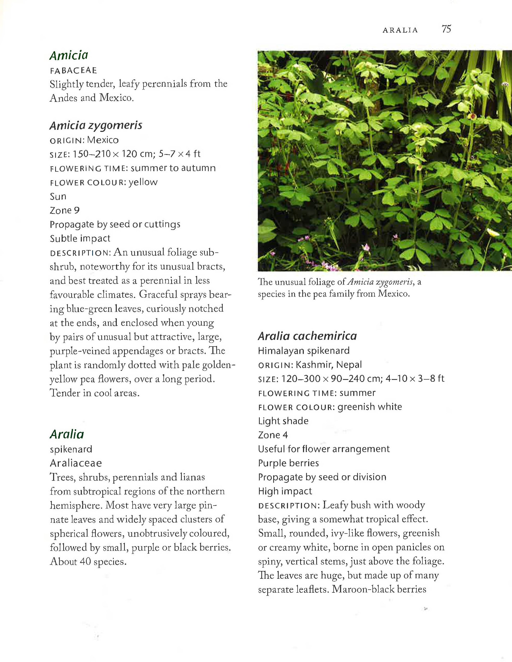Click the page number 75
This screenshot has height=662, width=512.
coord(447,29)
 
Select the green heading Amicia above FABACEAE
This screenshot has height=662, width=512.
coord(69,56)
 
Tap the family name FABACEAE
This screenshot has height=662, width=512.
coord(74,71)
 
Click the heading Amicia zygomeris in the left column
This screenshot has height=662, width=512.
coord(96,125)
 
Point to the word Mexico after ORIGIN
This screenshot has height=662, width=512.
coord(103,140)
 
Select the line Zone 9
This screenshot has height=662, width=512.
coord(65,210)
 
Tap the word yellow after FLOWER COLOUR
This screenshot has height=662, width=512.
coord(143,182)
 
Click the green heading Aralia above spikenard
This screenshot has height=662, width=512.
coord(67,434)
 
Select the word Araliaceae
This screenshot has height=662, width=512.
coord(76,463)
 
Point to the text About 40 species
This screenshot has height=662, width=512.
coord(88,562)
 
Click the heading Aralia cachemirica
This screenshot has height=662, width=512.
coord(307,336)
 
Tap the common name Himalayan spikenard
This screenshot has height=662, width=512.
coord(303,351)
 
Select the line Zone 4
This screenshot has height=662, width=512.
coord(273,435)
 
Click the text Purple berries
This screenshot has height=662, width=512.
coord(288,463)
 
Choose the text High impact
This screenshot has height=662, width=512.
coord(285,491)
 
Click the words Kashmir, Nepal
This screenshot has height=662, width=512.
coord(329,365)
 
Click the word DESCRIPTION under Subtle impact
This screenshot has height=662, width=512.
coord(81,253)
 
